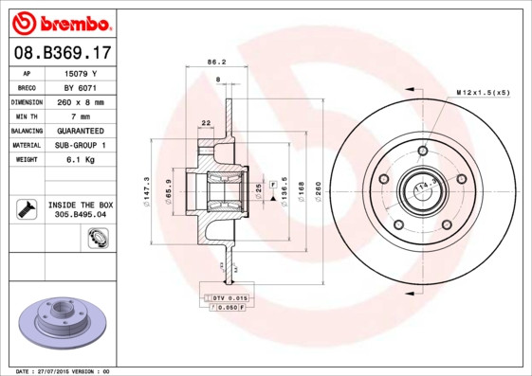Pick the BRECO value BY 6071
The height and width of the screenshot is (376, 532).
tap(82, 86)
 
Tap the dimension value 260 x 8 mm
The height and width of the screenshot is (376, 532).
tap(82, 101)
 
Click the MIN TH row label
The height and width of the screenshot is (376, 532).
tap(27, 116)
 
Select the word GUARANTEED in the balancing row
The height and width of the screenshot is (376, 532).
tap(82, 130)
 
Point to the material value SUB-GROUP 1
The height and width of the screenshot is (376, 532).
tap(82, 145)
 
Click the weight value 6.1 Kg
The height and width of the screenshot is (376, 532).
tap(82, 159)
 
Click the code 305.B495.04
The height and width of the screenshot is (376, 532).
tap(81, 215)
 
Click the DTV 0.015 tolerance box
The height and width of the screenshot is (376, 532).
tap(225, 297)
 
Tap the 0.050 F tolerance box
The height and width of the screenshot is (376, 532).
tap(226, 307)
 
